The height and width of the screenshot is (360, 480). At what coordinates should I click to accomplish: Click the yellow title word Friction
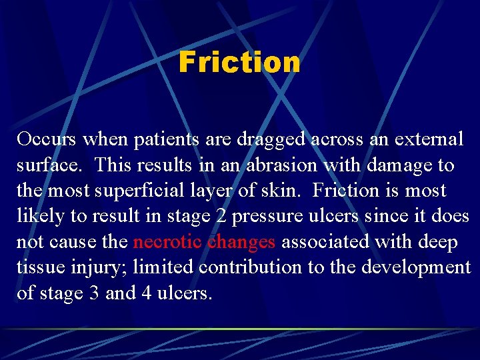(239, 62)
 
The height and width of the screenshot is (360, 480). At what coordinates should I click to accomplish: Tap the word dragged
(267, 140)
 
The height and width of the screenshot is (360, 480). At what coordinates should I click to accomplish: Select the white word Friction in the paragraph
(346, 191)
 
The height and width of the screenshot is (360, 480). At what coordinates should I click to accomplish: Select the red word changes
(241, 243)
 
